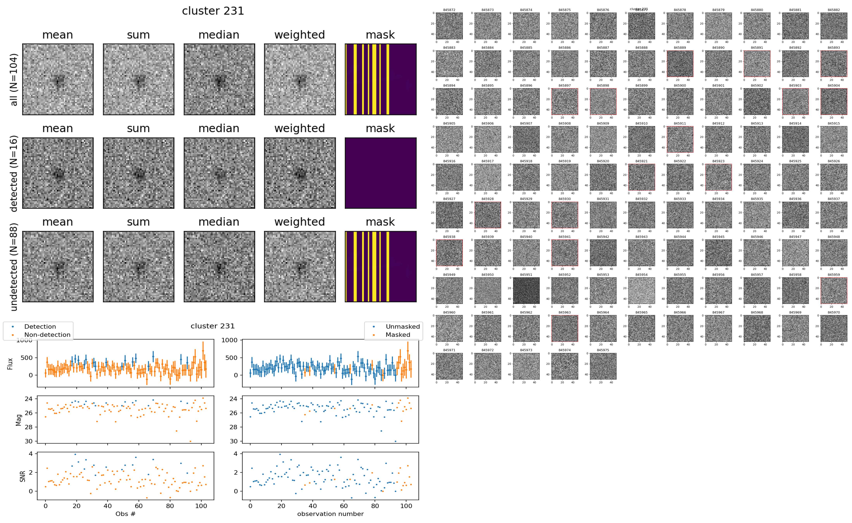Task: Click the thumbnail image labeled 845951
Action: (526, 291)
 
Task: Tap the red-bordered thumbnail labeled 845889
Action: (680, 64)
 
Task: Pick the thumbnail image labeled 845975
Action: (603, 366)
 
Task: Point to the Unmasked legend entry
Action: (403, 326)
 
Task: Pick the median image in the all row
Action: (219, 79)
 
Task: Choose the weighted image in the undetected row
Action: (300, 267)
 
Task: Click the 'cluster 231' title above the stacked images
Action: (213, 11)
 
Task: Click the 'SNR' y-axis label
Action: (22, 476)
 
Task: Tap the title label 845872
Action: (449, 10)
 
